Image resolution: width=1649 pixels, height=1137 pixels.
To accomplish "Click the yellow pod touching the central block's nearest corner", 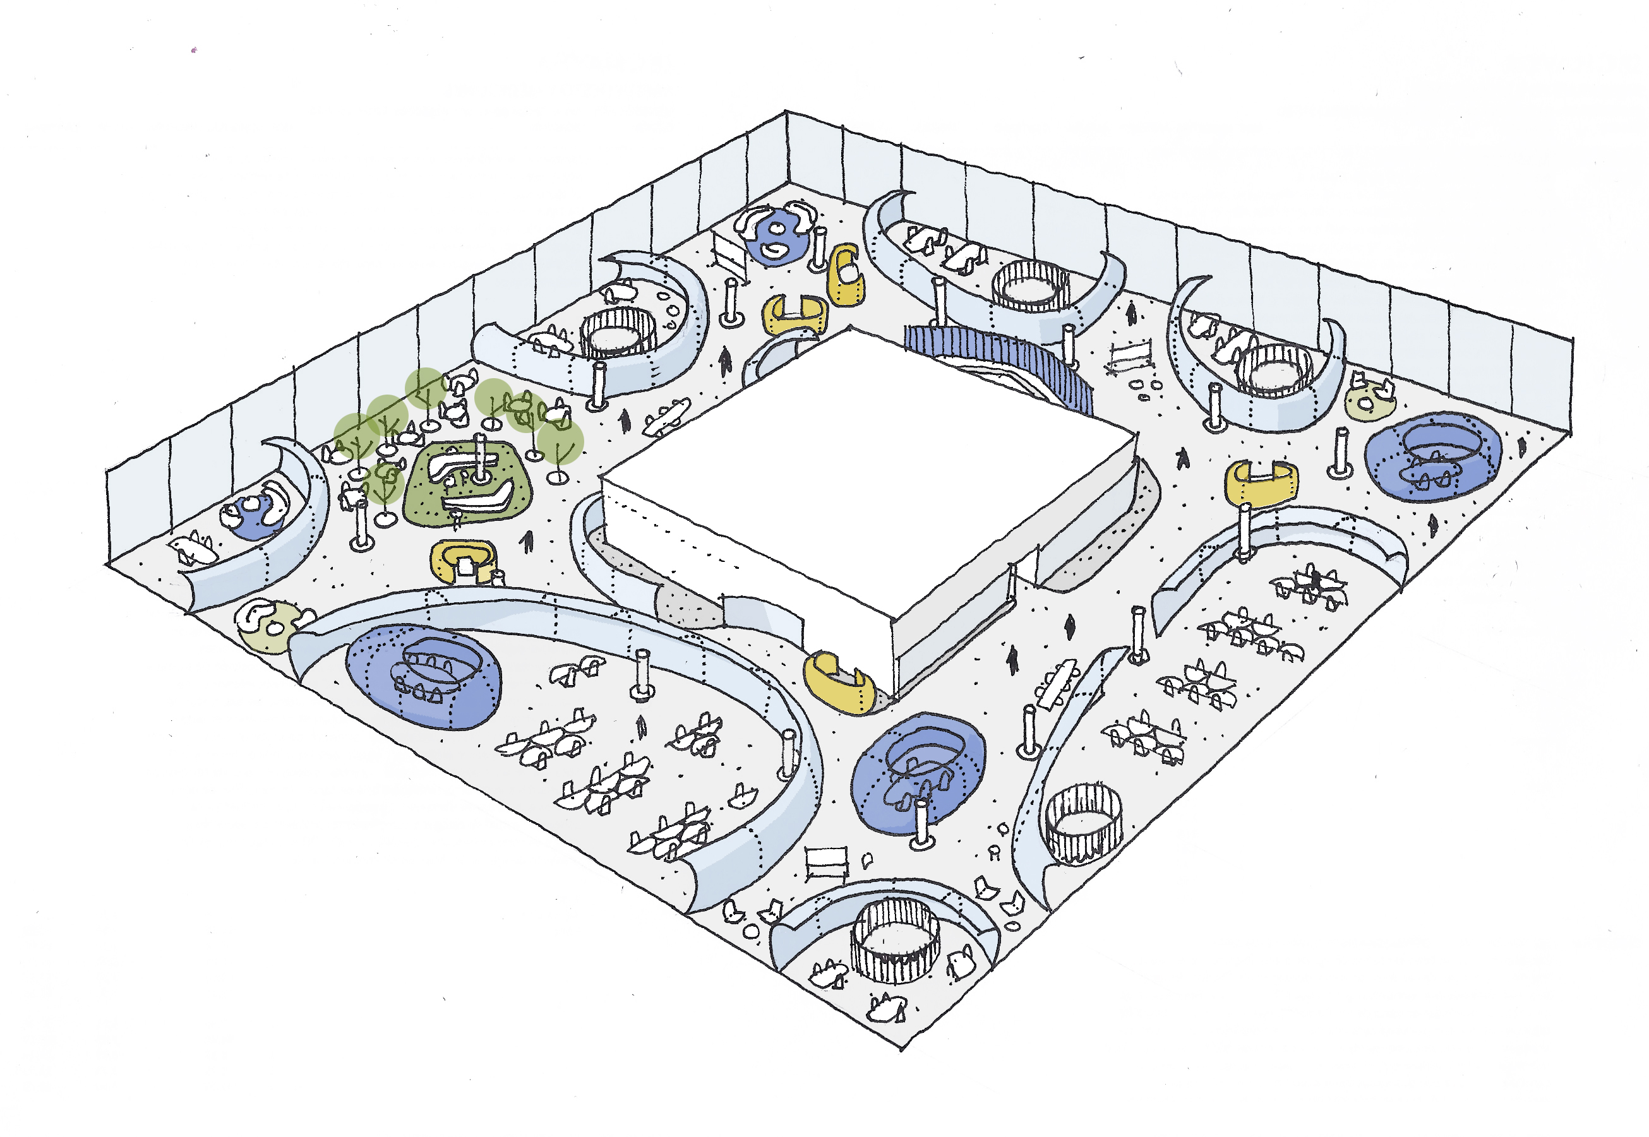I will pos(839,682).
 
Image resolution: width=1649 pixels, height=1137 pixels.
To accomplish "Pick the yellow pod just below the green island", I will pos(463,560).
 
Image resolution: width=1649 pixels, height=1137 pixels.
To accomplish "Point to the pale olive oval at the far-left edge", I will pos(268,627).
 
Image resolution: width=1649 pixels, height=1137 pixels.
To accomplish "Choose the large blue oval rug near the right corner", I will pos(1432,456).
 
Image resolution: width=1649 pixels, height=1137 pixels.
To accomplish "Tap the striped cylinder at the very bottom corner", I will pos(895,941).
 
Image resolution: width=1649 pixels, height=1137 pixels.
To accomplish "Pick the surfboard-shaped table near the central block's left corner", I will pos(667,417).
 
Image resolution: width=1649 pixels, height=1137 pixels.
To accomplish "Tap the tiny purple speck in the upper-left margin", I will pos(194,50).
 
